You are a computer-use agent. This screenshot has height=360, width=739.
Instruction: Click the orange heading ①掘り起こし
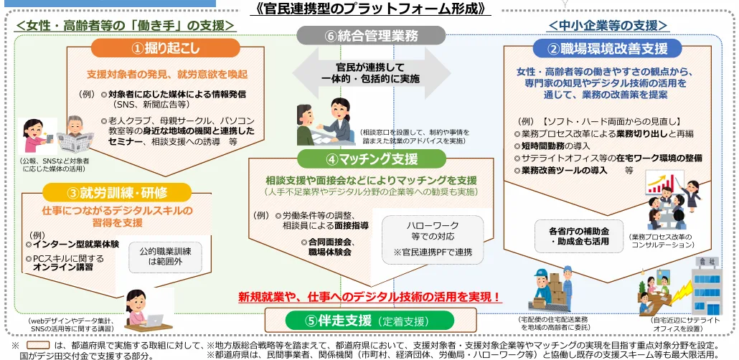tap(166, 48)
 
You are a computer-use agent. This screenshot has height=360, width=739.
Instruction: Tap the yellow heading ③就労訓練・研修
tap(117, 192)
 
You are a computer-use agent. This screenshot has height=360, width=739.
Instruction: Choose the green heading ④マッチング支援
tap(372, 159)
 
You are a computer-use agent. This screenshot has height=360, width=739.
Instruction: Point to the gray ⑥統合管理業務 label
tap(371, 35)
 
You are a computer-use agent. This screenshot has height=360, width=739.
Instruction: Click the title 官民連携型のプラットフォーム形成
tap(369, 8)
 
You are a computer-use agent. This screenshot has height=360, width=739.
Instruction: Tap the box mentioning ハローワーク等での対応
tap(433, 239)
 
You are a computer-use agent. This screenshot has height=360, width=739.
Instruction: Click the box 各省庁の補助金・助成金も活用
tap(579, 237)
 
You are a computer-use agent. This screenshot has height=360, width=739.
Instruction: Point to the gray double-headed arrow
tap(371, 73)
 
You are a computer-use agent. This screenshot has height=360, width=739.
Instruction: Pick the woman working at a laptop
tap(143, 310)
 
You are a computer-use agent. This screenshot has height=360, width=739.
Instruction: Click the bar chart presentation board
tap(665, 182)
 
